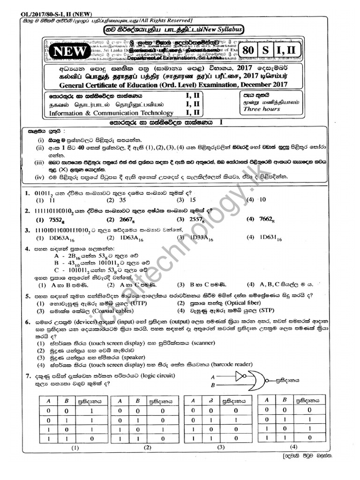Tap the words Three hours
[262, 109]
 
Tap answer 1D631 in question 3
[271, 238]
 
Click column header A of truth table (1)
[48, 401]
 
